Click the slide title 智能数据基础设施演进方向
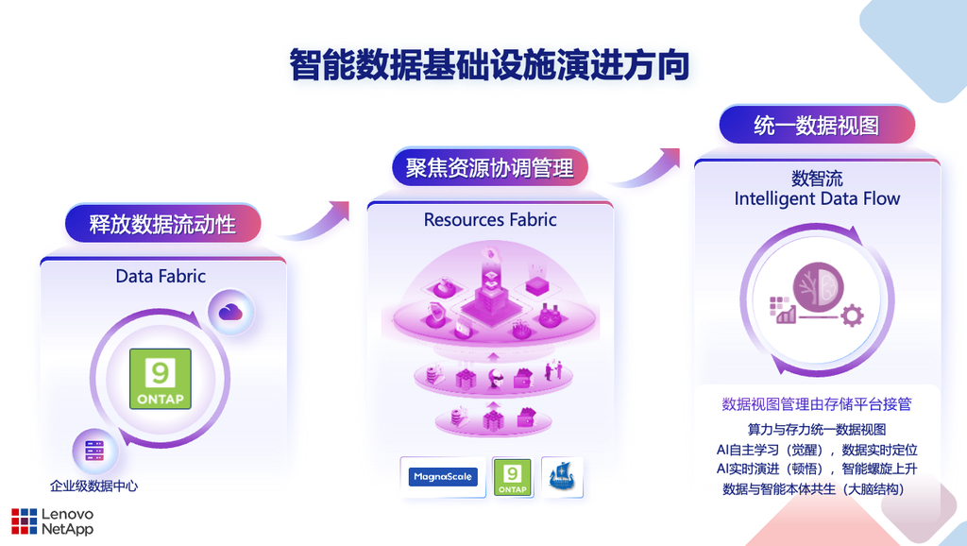(489, 65)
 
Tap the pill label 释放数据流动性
(162, 223)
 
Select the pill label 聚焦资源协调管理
(490, 167)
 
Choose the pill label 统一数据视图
(817, 126)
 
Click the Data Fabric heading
(161, 276)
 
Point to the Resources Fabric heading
(490, 220)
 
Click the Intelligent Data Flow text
(817, 198)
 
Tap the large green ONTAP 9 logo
(161, 379)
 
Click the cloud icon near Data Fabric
(230, 312)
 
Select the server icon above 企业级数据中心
(94, 451)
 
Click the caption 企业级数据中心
(94, 486)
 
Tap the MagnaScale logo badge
(443, 477)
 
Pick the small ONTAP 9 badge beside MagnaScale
(513, 477)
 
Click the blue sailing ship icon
(562, 477)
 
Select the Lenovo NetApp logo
(53, 521)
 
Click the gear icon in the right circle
(852, 316)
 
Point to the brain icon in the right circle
(818, 284)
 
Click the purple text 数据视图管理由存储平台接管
(817, 404)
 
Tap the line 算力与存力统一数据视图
(817, 430)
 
